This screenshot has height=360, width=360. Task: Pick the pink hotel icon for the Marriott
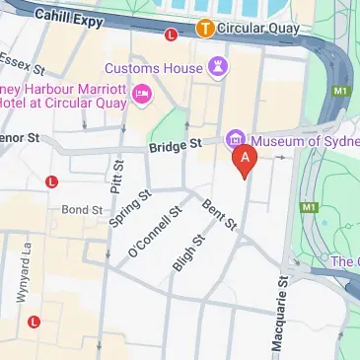142,92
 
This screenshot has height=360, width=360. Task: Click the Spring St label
129,208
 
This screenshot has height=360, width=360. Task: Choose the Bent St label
219,215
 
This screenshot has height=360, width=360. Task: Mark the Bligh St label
187,252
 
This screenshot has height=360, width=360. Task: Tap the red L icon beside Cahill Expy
172,35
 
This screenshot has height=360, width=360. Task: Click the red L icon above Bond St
51,180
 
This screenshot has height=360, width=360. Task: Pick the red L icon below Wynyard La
35,321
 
